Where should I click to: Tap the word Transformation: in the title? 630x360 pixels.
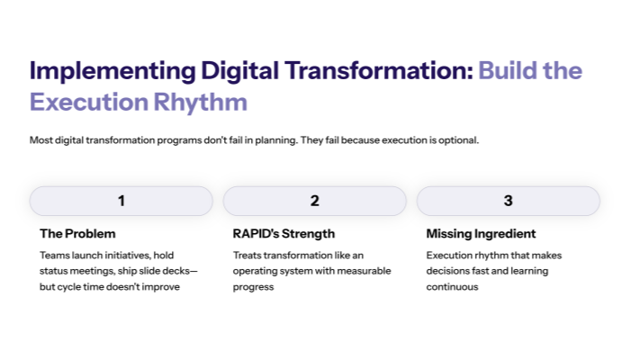372,71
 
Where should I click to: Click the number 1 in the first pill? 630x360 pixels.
121,201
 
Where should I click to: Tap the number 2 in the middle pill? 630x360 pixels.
315,201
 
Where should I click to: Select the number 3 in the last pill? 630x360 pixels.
508,201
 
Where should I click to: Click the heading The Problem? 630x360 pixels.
77,234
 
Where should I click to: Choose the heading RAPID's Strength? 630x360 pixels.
283,234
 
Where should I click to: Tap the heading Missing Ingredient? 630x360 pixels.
481,234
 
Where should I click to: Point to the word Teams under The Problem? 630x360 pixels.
54,256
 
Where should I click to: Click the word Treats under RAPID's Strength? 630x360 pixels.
247,256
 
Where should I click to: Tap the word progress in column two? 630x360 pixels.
253,287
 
